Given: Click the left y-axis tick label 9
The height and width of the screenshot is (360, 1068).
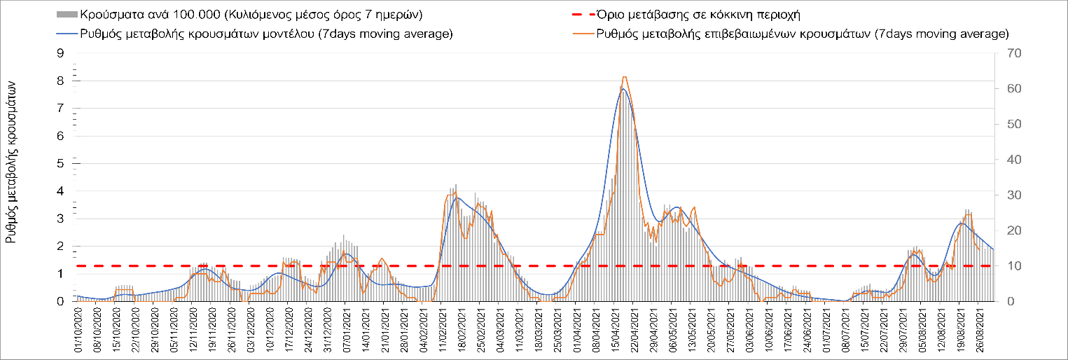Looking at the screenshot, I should point(60,53).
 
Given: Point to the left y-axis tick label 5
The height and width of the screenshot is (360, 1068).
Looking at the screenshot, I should point(60,163).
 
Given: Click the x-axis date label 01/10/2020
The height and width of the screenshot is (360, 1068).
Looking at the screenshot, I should point(78,332).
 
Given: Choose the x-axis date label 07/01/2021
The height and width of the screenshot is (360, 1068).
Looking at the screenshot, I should point(347,332).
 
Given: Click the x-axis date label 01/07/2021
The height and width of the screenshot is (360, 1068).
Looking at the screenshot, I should point(827,332).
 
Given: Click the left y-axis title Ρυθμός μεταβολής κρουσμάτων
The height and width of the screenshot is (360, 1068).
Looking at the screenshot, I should point(12,169).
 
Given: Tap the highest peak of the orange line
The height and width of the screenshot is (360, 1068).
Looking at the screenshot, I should point(624,76).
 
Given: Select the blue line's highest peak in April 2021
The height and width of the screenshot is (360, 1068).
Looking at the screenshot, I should point(623,89).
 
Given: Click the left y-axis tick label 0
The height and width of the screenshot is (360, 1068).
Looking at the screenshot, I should point(60,301).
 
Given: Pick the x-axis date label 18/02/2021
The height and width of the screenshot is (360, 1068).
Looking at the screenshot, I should point(462,332).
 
